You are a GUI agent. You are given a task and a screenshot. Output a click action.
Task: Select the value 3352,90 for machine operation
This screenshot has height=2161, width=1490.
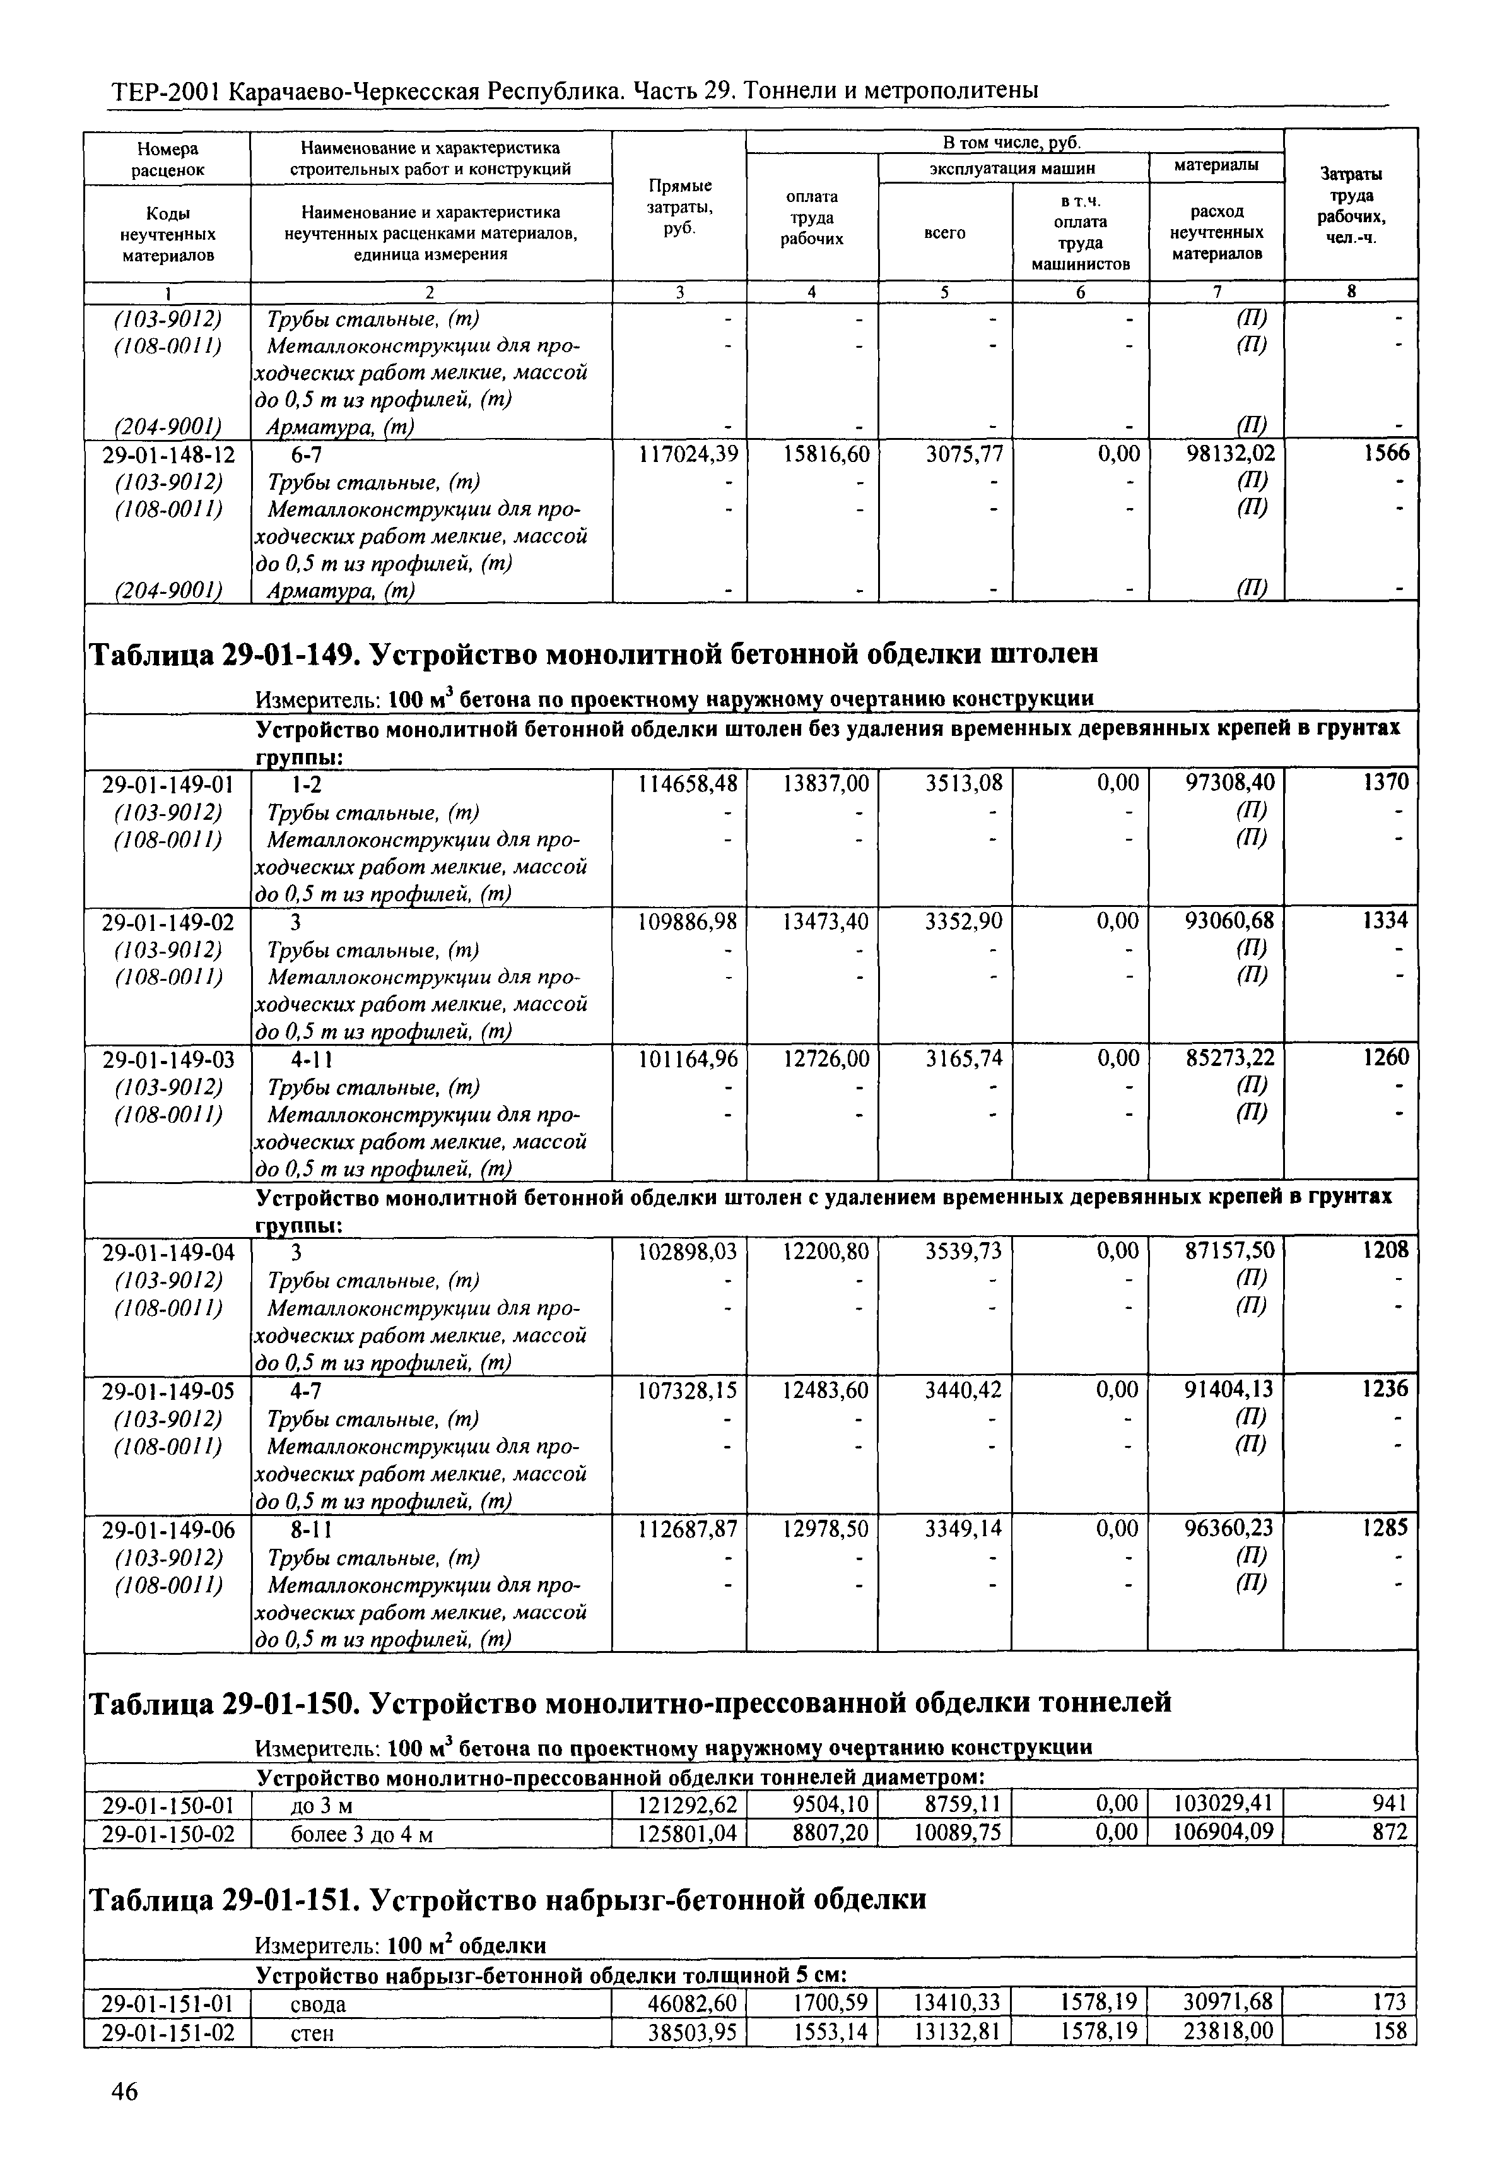tap(963, 921)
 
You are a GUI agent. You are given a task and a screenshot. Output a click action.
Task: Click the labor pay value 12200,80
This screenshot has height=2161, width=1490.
tap(824, 1250)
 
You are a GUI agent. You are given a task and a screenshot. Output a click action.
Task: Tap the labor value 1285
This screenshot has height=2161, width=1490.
tap(1387, 1528)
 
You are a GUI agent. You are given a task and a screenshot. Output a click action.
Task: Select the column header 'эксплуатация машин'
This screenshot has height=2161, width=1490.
tap(1012, 168)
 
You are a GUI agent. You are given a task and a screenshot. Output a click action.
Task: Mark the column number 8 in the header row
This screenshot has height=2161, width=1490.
tap(1350, 292)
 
